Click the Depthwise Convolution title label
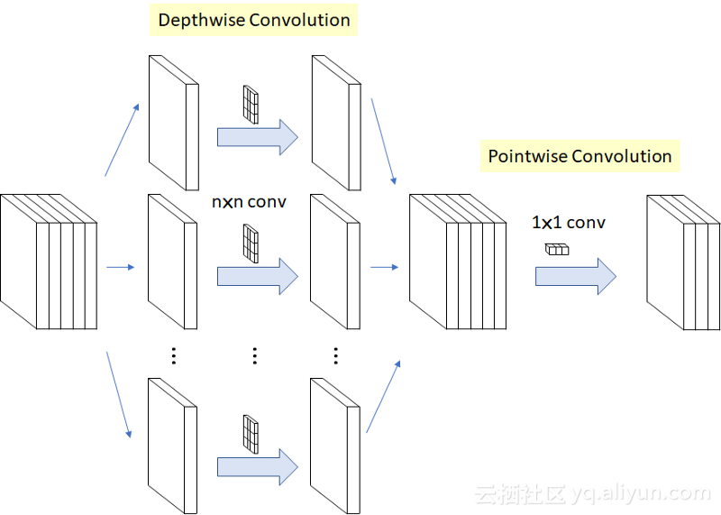(x=254, y=20)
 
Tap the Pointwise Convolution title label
(x=580, y=156)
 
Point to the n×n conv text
(x=249, y=202)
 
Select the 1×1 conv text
(x=569, y=222)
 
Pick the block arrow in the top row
(x=257, y=136)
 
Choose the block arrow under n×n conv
(x=257, y=275)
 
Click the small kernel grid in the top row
(x=251, y=104)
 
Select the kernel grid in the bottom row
(x=251, y=432)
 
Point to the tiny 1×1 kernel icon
(x=557, y=249)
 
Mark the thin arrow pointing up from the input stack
(x=122, y=140)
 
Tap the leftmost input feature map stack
(x=48, y=262)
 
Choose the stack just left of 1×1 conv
(x=457, y=262)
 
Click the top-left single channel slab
(x=172, y=122)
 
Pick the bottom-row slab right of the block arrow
(x=334, y=445)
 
